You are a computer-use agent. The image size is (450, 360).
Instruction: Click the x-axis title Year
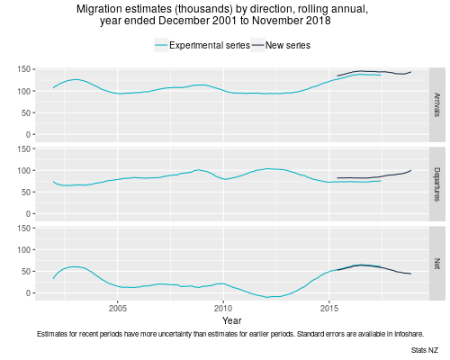point(232,319)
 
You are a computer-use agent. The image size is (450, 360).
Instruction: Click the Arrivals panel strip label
point(436,102)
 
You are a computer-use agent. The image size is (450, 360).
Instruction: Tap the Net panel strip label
point(436,264)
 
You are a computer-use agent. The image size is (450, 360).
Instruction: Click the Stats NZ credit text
point(424,348)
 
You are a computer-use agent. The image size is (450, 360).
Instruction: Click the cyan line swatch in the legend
point(162,44)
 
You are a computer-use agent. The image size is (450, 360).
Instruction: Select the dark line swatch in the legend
point(256,44)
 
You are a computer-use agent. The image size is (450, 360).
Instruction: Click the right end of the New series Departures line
point(411,169)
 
